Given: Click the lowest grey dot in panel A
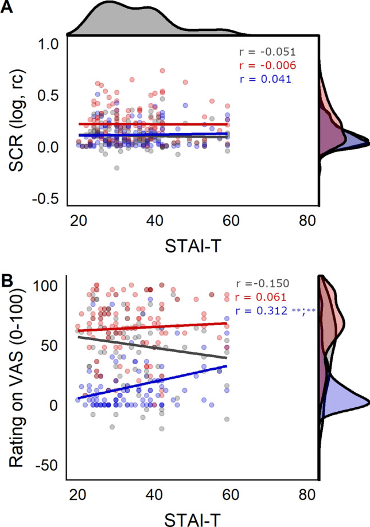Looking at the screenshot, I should pyautogui.click(x=116, y=168).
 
